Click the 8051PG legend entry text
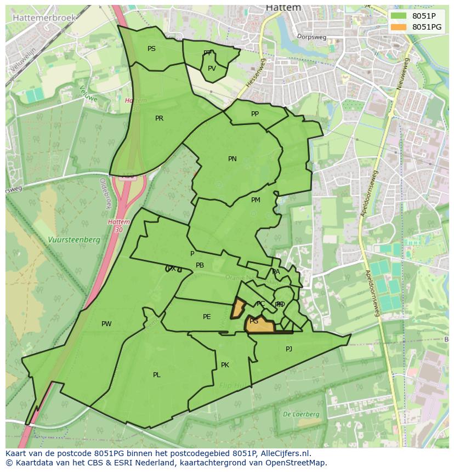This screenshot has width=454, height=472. click(427, 27)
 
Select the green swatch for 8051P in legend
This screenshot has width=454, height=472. click(399, 16)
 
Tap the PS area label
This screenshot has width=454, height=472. click(151, 49)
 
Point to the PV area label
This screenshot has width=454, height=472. click(212, 69)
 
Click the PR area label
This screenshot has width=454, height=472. click(159, 118)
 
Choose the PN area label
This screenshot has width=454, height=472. click(232, 159)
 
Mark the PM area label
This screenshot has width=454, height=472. click(256, 200)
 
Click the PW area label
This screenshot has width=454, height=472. click(106, 324)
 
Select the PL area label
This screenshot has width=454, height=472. click(157, 375)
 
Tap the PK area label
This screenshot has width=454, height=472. click(225, 365)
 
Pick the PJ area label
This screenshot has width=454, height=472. click(289, 349)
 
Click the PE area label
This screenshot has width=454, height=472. click(207, 317)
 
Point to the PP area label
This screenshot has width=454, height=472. click(255, 114)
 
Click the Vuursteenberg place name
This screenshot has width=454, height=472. click(73, 240)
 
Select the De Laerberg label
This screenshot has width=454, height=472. click(301, 414)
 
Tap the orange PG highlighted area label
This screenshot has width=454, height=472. click(254, 321)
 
